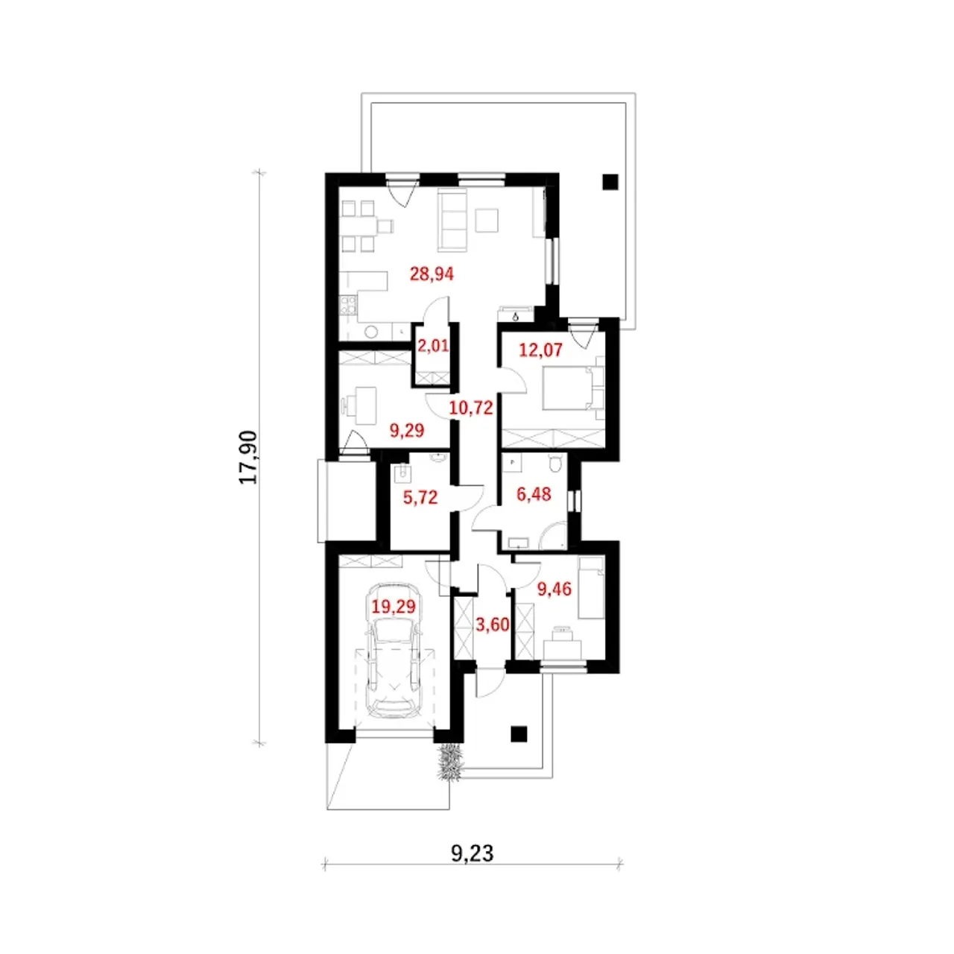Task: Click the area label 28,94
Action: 432,274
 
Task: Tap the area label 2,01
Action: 433,346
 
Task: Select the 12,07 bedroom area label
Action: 540,350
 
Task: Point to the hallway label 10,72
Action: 471,408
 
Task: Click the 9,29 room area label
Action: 407,430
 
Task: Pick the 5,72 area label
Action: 420,497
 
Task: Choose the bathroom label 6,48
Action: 534,494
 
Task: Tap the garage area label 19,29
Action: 394,607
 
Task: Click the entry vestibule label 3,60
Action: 492,625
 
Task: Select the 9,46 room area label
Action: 555,589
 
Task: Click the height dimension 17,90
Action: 248,458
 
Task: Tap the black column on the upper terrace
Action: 610,182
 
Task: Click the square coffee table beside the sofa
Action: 487,221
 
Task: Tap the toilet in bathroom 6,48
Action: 557,463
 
